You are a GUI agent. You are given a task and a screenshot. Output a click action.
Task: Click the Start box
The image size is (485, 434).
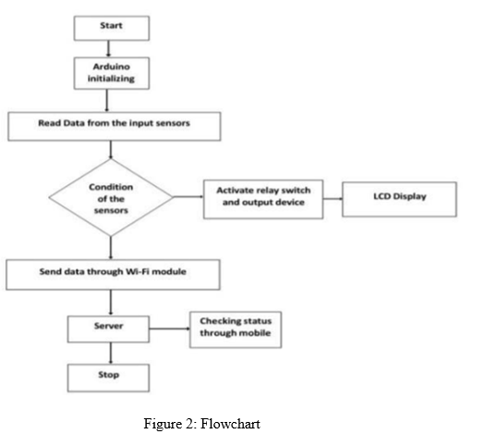112,28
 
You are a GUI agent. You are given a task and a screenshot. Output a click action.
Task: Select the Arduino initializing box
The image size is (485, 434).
112,73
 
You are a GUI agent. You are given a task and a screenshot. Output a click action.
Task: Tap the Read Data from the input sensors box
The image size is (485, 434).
115,127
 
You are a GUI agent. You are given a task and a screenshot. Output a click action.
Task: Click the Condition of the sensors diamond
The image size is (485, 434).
111,197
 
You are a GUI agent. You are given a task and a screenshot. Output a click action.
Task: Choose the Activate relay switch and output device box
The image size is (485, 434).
263,199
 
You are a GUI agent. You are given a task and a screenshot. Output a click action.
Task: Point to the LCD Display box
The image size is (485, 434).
399,199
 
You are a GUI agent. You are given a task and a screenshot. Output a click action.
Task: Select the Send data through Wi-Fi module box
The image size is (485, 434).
114,275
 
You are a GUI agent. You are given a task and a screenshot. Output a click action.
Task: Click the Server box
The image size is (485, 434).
108,329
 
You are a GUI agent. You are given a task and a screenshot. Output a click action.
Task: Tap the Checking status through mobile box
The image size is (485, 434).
236,329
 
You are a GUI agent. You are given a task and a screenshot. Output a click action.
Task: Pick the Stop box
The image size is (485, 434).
108,378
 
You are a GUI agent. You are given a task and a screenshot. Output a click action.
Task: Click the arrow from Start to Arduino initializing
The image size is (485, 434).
108,49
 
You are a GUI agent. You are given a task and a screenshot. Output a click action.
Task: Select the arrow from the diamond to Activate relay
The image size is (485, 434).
188,196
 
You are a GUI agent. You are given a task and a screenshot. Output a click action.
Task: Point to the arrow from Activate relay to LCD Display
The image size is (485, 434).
333,199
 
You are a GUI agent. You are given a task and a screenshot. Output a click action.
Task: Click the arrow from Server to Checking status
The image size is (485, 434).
169,329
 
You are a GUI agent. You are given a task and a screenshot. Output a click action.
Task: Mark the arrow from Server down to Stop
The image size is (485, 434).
111,353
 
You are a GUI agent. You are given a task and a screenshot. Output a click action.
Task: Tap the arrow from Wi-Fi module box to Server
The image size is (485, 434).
111,303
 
